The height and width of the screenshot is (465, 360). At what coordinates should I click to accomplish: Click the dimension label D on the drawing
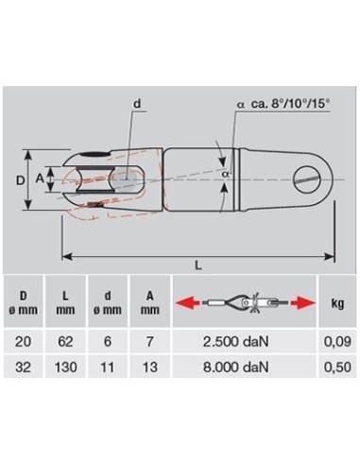click(20, 181)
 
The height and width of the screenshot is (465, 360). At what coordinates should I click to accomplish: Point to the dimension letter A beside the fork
click(40, 179)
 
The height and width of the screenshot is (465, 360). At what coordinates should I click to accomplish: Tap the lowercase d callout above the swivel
click(137, 103)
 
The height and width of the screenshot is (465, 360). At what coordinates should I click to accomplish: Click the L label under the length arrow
click(198, 266)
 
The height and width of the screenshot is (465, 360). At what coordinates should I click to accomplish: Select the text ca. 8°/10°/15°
click(290, 104)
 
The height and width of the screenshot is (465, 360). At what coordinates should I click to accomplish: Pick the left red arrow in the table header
click(187, 302)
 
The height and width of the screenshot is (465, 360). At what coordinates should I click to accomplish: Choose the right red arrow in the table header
click(302, 302)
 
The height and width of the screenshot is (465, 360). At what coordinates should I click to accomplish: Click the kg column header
click(337, 303)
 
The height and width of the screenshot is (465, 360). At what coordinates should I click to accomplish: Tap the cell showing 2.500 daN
click(236, 341)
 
